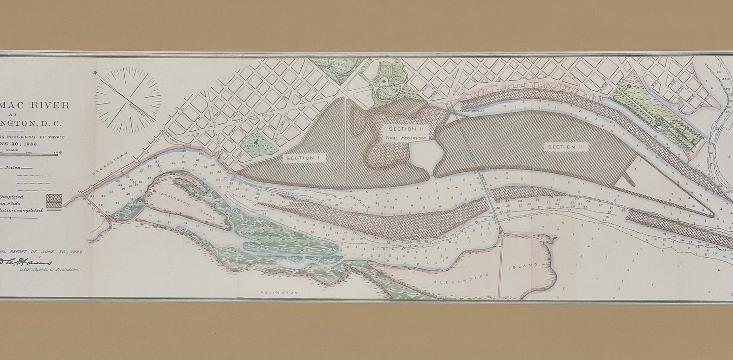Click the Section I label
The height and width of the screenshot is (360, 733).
tap(302, 158)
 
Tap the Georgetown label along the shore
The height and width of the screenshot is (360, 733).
tap(106, 165)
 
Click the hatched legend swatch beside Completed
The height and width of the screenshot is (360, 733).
tap(53, 200)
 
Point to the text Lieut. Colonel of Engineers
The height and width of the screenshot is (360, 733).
tap(49, 270)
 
